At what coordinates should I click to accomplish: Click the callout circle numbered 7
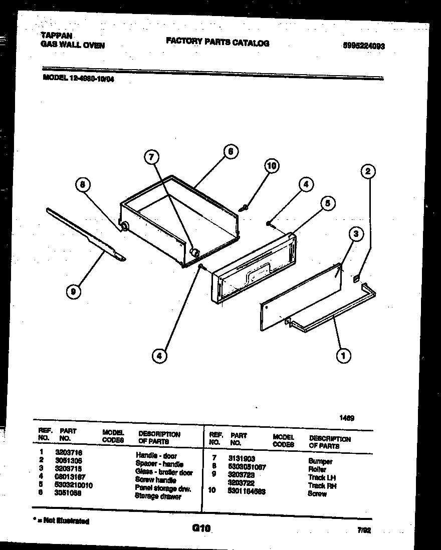151,157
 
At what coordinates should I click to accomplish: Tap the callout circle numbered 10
271,166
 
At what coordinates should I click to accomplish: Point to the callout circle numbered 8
83,185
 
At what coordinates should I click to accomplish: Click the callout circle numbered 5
327,203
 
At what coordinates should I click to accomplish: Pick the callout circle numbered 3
355,233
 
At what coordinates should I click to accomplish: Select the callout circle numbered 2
368,171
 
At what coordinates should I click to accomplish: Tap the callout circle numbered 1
343,356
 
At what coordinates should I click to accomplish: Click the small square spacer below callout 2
356,278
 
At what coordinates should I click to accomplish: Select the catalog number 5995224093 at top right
364,46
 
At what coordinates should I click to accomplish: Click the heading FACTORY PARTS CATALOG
217,43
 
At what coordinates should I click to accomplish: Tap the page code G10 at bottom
201,527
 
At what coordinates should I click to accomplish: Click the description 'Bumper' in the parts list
320,461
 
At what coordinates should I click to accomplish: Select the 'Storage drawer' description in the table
158,496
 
